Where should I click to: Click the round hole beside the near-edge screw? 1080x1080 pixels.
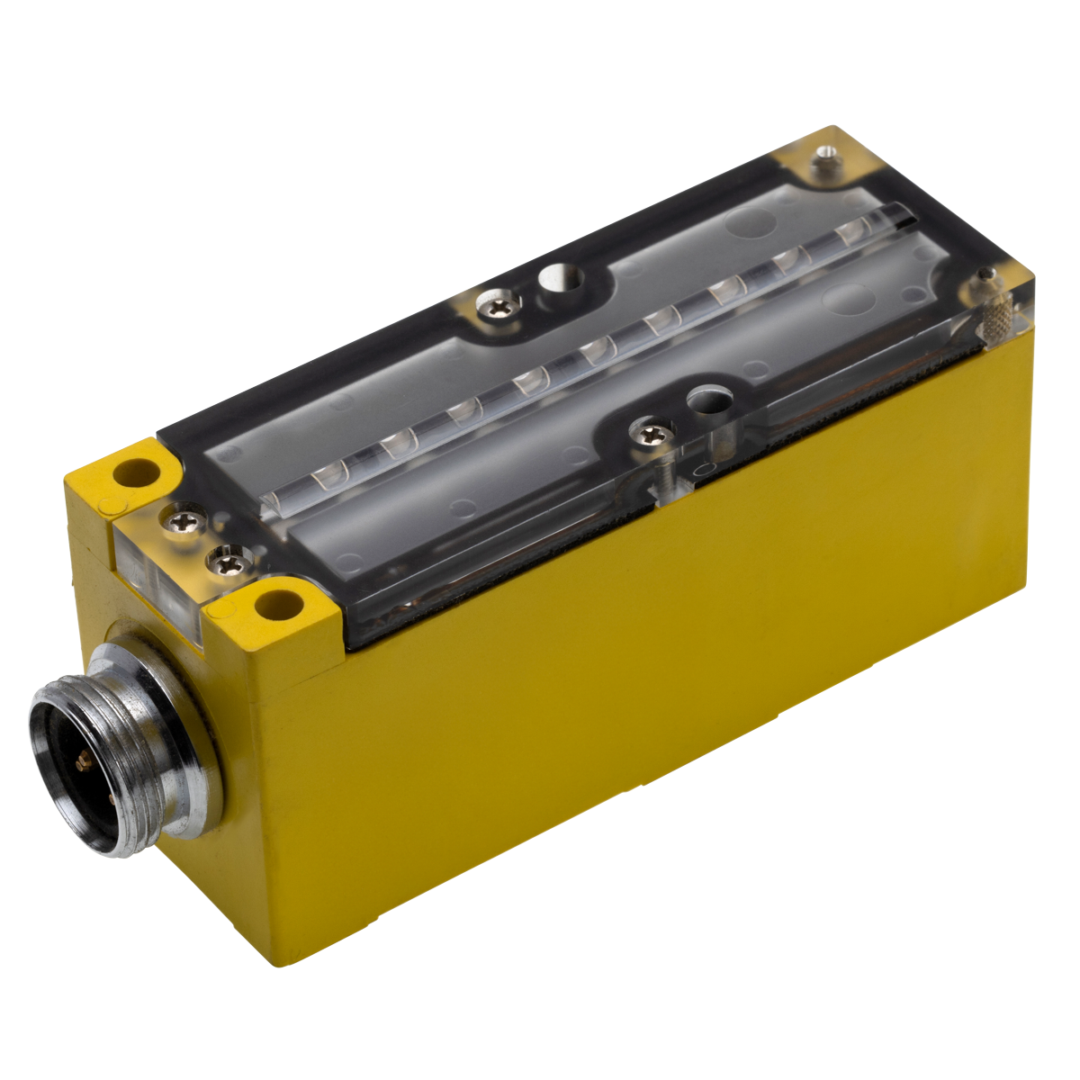click(705, 397)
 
